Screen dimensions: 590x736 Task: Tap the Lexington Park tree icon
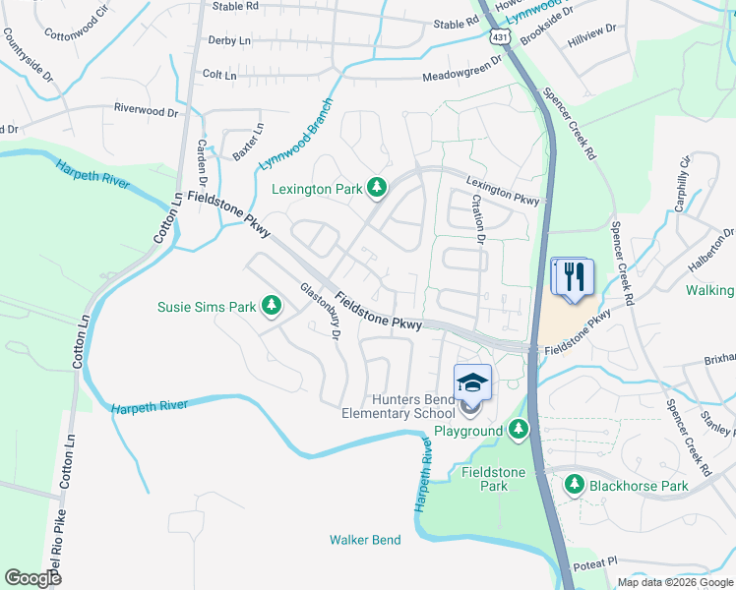pos(375,186)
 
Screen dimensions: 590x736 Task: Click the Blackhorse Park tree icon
pos(575,484)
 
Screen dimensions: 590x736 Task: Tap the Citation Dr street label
pos(478,218)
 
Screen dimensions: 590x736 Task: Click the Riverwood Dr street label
pos(149,111)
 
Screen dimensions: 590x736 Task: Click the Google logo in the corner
pos(32,577)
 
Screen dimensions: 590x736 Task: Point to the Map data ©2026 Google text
pos(674,582)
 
